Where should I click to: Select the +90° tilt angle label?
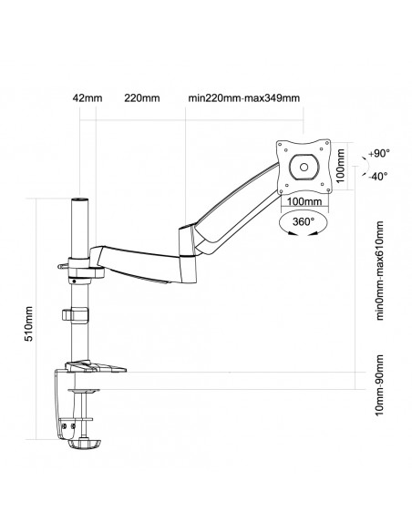[x=378, y=155]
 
